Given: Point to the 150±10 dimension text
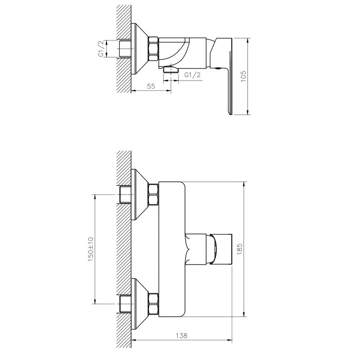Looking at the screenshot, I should (90, 248).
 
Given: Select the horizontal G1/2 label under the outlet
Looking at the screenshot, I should (192, 75).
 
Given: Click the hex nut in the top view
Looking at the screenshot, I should (153, 48).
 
